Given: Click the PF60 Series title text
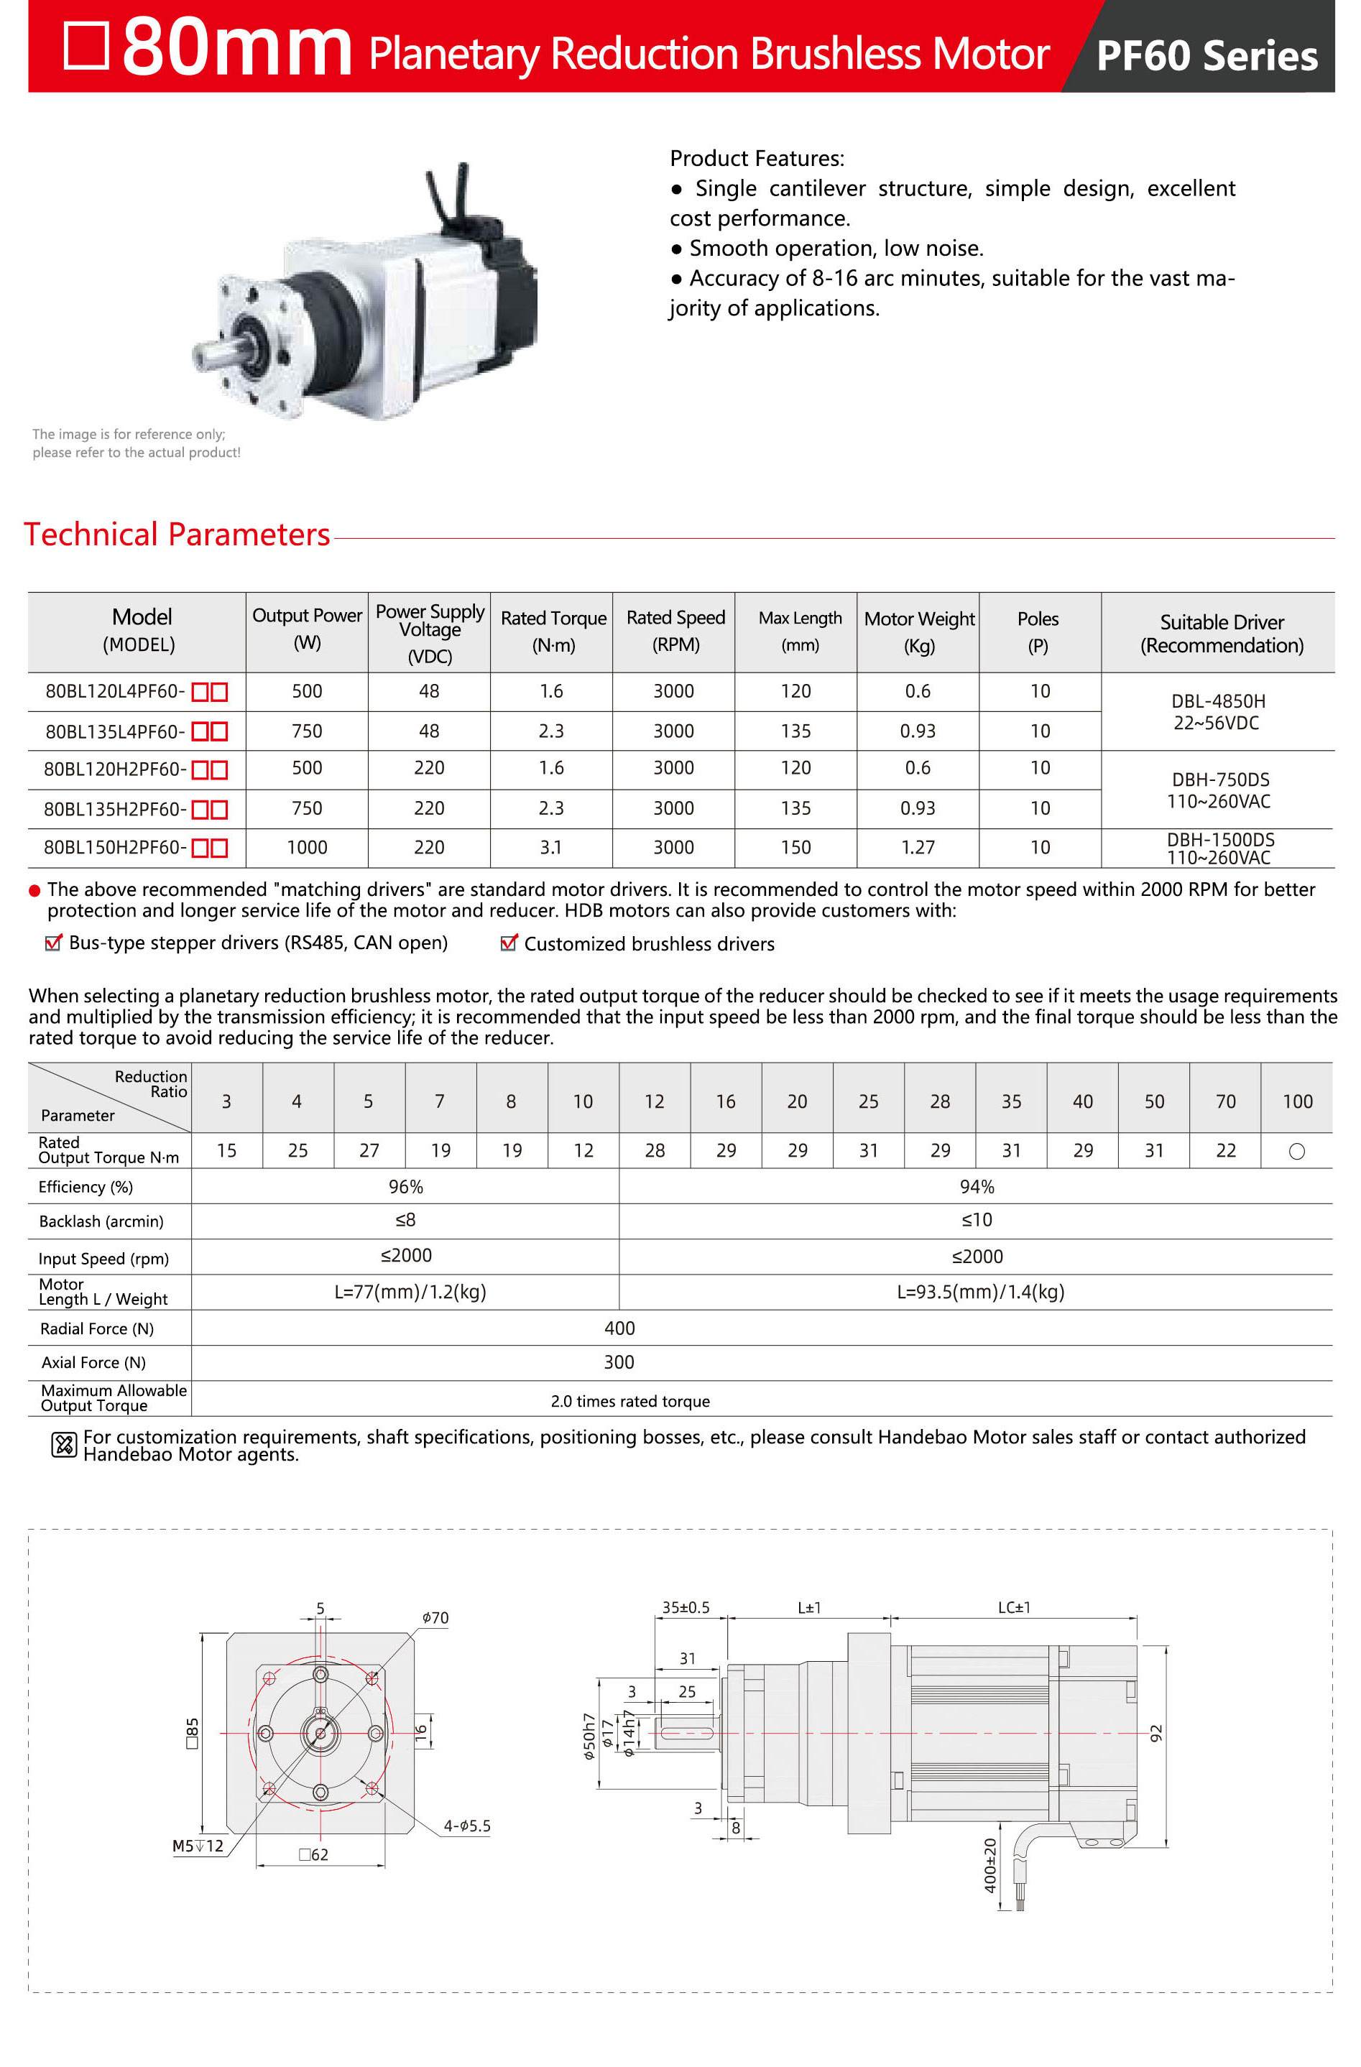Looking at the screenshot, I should click(1206, 55).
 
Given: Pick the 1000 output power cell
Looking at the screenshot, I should click(307, 847).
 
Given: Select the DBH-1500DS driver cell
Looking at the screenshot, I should click(1219, 848).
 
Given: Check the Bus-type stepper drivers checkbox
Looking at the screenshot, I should click(53, 943).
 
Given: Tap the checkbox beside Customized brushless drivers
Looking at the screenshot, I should click(509, 943).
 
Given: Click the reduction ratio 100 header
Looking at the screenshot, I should click(1297, 1101).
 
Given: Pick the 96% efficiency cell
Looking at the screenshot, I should click(405, 1186).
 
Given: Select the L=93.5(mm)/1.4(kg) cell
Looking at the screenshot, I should click(979, 1292).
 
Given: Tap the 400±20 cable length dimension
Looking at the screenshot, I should click(989, 1864).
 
